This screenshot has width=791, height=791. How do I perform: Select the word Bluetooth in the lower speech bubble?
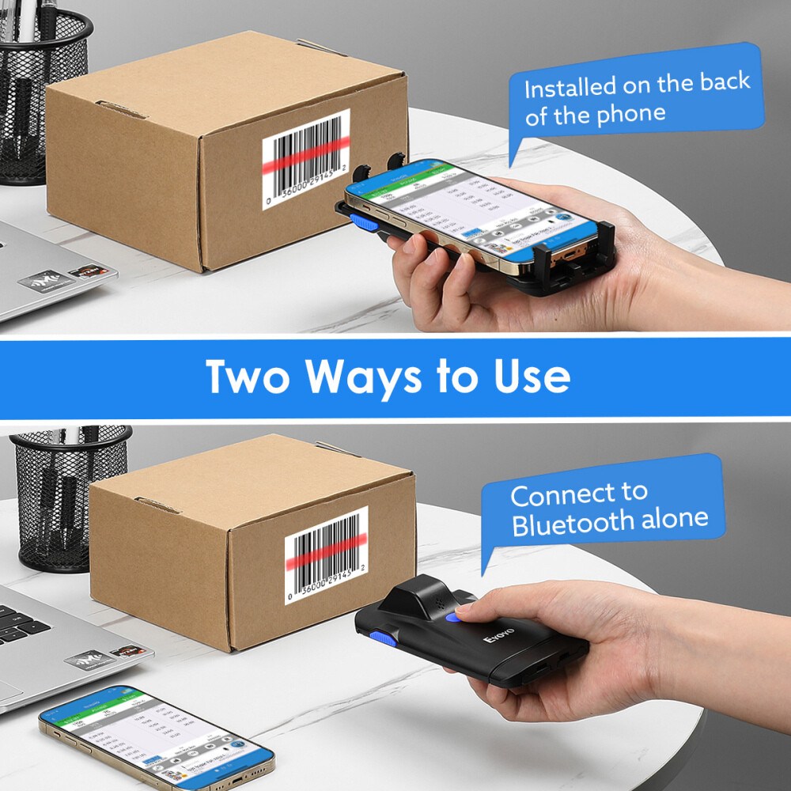(x=563, y=524)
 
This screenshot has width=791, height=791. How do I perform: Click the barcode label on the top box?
(x=305, y=159)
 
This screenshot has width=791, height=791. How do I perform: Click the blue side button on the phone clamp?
(x=362, y=221)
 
